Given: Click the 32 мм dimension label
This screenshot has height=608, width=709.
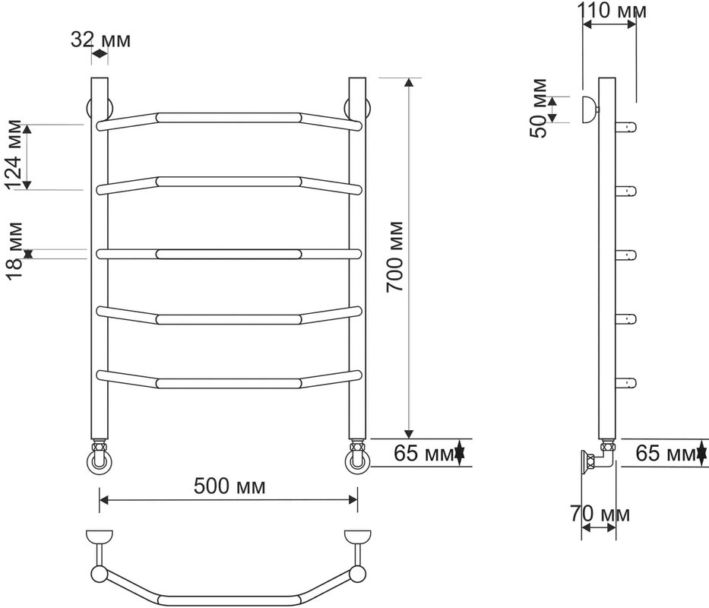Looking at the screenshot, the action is [100, 40].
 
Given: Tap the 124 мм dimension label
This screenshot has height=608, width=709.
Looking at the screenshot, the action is [13, 154].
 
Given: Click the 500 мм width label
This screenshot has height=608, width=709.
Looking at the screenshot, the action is [229, 486].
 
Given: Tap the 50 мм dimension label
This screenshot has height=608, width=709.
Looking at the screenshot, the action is [539, 108].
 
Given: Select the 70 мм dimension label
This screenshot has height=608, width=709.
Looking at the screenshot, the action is [600, 514].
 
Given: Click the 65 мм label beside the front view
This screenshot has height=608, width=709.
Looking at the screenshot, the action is [424, 452].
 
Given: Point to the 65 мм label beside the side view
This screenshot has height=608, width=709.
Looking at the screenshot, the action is [666, 452].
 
